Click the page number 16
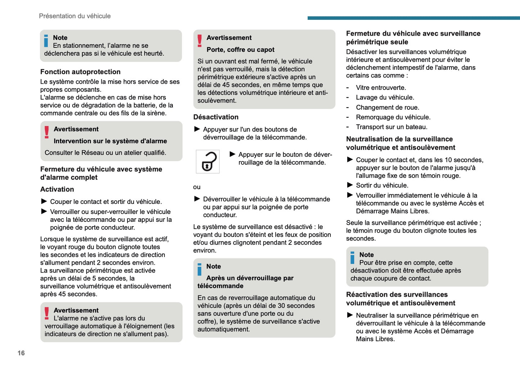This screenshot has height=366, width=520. click(21, 353)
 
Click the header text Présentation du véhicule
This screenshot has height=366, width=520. click(75, 16)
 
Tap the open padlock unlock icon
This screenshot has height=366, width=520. click(208, 162)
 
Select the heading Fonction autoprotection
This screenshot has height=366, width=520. click(80, 72)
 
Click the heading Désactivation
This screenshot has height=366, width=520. click(216, 117)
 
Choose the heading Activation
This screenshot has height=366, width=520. click(57, 189)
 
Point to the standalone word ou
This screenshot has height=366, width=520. click(197, 187)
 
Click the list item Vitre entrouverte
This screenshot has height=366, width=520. click(381, 88)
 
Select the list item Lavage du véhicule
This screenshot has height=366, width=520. click(385, 97)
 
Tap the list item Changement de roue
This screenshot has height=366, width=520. click(387, 107)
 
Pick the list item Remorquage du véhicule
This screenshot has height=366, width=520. click(393, 117)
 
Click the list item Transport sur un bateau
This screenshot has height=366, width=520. click(392, 127)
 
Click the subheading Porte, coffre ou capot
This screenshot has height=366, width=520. click(240, 50)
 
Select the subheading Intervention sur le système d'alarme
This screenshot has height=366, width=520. click(110, 141)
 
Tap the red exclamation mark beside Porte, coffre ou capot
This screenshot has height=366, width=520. click(200, 41)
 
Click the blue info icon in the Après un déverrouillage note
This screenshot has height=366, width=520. click(199, 269)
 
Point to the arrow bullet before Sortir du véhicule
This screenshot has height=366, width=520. click(350, 185)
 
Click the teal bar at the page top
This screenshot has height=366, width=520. click(413, 18)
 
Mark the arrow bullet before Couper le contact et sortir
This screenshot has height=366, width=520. click(44, 201)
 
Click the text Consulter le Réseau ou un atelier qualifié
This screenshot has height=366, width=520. click(105, 153)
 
